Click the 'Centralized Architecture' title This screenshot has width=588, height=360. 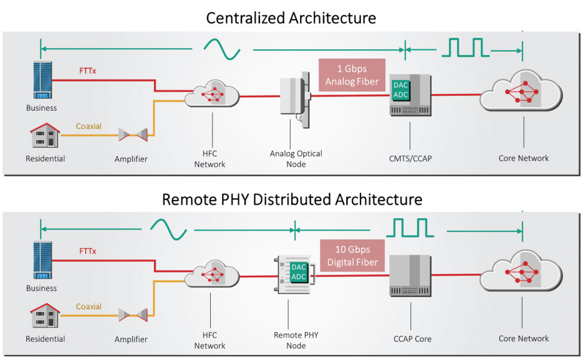click(x=291, y=18)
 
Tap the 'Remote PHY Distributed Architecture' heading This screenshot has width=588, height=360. click(x=292, y=199)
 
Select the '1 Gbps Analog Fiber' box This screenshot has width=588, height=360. click(x=352, y=75)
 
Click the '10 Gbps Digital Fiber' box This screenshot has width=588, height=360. click(x=353, y=256)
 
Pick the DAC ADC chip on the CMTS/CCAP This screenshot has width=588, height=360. click(x=400, y=90)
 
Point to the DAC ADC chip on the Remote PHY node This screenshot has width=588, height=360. click(x=299, y=272)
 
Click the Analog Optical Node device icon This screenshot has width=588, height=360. click(x=296, y=99)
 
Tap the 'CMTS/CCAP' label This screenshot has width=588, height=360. click(x=410, y=158)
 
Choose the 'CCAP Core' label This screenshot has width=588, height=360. click(x=412, y=339)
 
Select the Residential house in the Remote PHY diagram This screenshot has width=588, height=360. click(x=45, y=315)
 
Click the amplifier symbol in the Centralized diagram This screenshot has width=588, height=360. click(x=133, y=134)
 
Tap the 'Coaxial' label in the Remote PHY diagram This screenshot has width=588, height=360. click(x=88, y=307)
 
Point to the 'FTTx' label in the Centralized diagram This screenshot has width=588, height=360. click(x=87, y=71)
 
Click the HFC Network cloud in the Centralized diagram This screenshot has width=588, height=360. click(x=212, y=94)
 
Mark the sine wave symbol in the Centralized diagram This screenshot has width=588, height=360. click(x=222, y=49)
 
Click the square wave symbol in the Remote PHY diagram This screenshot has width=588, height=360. click(x=410, y=228)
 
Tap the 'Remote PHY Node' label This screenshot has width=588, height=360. click(x=296, y=340)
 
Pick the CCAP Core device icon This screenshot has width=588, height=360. click(x=410, y=276)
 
